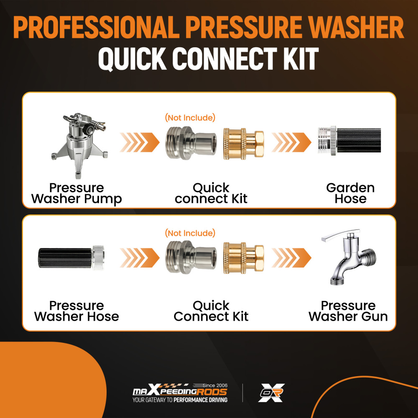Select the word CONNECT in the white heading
click(225, 59)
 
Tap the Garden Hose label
click(350, 193)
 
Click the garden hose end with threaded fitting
click(349, 141)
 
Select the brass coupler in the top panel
click(243, 144)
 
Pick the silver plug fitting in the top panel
click(191, 143)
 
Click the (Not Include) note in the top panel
click(190, 117)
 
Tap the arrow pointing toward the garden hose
click(291, 143)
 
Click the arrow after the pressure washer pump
click(140, 143)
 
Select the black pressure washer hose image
click(71, 258)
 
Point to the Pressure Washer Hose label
click(76, 311)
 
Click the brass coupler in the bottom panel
click(243, 258)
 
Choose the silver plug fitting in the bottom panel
click(191, 257)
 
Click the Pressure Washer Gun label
click(348, 311)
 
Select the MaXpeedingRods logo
click(180, 393)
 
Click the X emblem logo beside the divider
click(271, 393)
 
